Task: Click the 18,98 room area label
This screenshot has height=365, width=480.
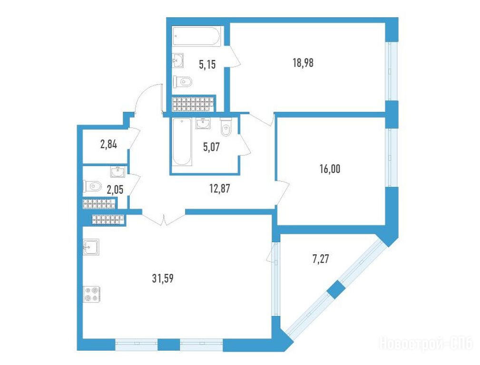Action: tap(303, 63)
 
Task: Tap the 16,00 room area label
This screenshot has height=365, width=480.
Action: tap(330, 169)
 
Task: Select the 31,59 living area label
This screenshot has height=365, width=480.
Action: tap(163, 278)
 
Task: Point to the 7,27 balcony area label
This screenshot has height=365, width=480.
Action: tap(321, 259)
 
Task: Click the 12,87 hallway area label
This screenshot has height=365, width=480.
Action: tap(219, 189)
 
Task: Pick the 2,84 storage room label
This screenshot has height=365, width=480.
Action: tap(108, 144)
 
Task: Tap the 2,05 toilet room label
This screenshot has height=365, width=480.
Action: tap(115, 190)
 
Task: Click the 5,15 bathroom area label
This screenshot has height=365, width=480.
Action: tap(207, 65)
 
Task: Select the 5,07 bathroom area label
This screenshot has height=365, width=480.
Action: tap(212, 147)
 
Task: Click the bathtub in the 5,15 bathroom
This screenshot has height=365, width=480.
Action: tap(196, 36)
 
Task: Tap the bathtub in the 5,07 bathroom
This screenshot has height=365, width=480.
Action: tap(182, 142)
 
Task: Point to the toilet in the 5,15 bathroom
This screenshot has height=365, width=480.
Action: tap(183, 82)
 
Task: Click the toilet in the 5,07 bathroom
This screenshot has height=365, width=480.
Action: tap(226, 127)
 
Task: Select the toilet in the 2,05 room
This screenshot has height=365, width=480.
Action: tap(92, 186)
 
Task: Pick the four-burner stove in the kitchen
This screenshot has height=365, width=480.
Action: tap(92, 294)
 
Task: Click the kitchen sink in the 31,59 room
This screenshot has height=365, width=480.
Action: tap(91, 247)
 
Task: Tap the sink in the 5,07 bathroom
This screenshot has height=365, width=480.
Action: tap(203, 124)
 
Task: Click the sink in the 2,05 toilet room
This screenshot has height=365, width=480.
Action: tap(118, 172)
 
